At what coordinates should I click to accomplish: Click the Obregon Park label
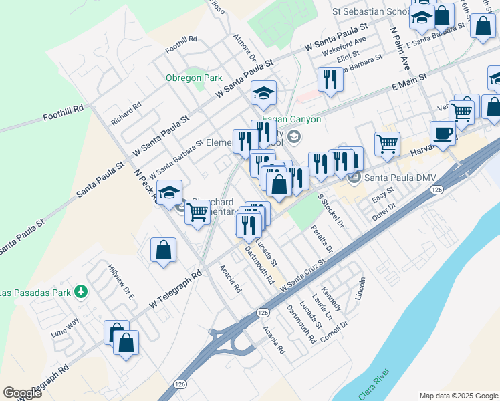(x=194, y=78)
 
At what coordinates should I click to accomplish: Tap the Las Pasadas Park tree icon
(x=82, y=292)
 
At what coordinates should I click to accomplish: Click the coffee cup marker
(x=443, y=134)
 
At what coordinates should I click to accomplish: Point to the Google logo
(x=22, y=393)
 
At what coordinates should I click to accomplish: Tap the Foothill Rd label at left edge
(x=64, y=111)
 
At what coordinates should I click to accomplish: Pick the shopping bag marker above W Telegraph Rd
(x=163, y=251)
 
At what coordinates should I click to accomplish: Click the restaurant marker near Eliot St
(x=330, y=80)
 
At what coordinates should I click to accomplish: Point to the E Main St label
(x=408, y=84)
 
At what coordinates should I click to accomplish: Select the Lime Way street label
(x=65, y=326)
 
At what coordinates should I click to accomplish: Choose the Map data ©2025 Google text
(x=459, y=395)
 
